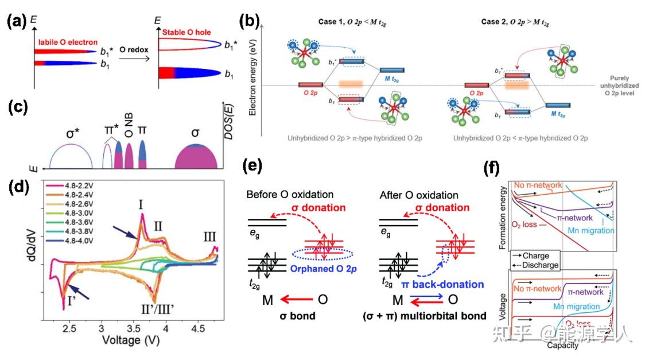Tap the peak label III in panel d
[210, 237]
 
